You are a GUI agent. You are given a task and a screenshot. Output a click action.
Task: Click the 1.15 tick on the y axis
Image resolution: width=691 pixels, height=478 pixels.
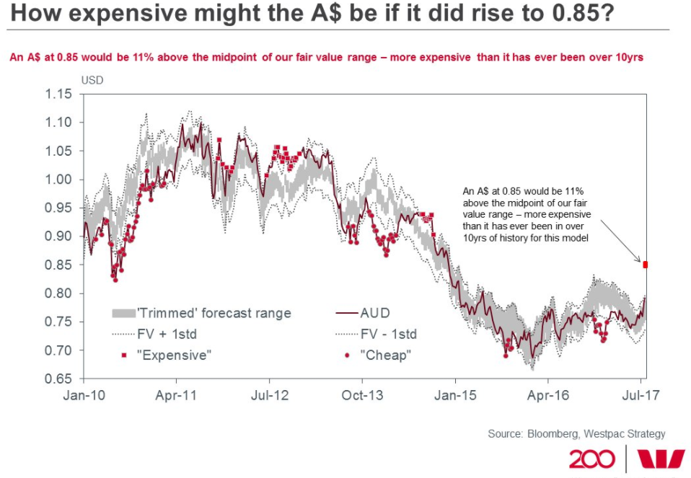60,94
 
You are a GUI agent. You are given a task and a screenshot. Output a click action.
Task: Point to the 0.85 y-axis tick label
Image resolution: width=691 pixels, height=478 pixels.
60,265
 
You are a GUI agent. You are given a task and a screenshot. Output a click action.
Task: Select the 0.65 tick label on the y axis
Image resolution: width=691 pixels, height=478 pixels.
60,379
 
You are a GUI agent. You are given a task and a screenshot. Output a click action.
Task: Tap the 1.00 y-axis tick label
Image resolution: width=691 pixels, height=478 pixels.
60,180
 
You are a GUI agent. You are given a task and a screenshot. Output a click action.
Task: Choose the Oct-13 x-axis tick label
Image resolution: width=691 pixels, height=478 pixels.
363,395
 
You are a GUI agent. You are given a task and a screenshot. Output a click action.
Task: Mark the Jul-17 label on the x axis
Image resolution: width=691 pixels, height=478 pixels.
641,395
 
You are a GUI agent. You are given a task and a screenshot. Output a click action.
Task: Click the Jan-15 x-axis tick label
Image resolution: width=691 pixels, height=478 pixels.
455,395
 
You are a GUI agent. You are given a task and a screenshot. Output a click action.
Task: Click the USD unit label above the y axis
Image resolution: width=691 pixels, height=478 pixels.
92,80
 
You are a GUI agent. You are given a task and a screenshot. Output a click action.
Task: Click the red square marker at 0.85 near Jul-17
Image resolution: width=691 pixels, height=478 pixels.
646,265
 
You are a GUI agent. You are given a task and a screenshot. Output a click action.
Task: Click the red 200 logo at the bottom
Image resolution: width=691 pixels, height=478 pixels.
592,459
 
